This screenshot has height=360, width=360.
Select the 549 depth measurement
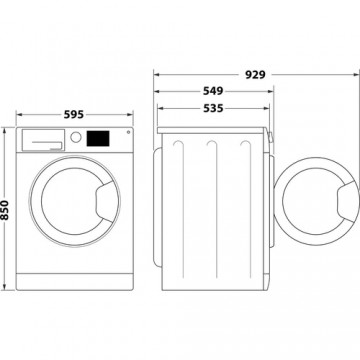point(212,91)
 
